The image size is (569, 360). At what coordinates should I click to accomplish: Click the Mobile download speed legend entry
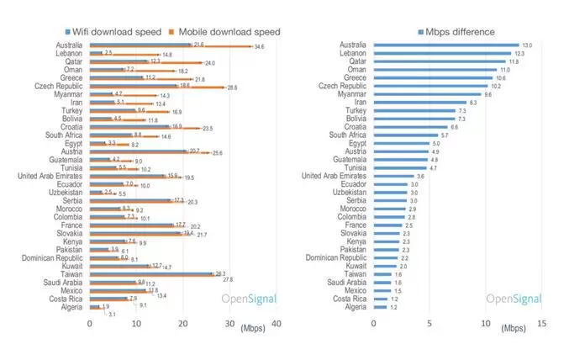[x=225, y=32]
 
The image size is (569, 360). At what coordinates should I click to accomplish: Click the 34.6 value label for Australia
[x=259, y=47]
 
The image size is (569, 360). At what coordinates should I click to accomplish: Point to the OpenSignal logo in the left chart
[x=246, y=299]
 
